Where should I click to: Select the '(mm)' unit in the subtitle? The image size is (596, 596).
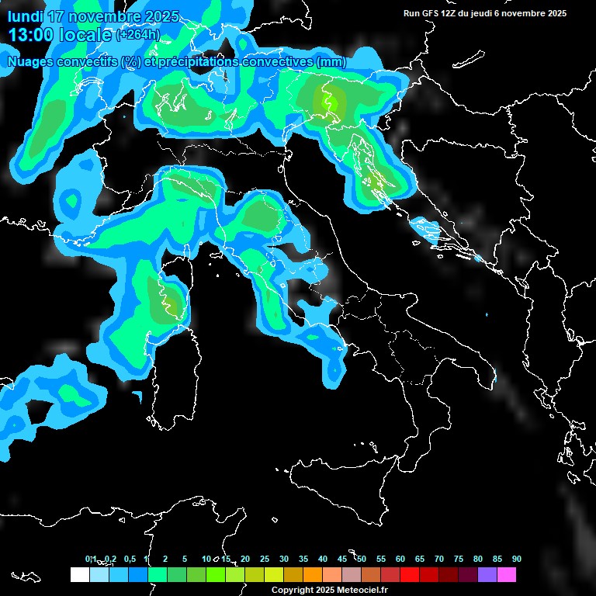click(x=331, y=61)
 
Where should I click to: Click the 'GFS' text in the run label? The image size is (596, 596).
click(x=429, y=13)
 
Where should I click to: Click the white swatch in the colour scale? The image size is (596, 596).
click(x=79, y=575)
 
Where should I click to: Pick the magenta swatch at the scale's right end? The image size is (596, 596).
click(x=506, y=575)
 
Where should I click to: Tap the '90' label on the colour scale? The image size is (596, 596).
click(x=516, y=559)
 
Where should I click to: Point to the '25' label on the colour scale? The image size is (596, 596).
click(x=265, y=559)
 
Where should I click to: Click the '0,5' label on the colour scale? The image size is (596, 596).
click(x=129, y=559)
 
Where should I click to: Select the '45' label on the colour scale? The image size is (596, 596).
click(x=342, y=559)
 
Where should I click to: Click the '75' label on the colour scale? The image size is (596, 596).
click(x=459, y=559)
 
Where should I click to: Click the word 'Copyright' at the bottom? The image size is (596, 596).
click(x=291, y=590)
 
